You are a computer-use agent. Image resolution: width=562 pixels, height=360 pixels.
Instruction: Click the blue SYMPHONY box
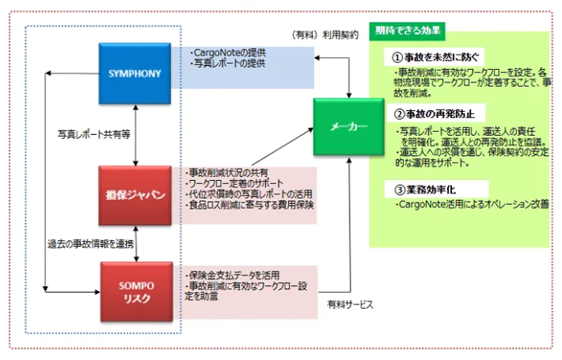click(x=136, y=73)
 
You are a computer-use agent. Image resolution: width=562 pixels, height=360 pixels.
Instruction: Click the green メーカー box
click(x=348, y=127)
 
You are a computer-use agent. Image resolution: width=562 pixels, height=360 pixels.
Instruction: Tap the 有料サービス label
click(x=351, y=305)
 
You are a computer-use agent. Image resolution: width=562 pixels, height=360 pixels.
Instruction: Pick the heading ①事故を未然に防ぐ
click(x=437, y=57)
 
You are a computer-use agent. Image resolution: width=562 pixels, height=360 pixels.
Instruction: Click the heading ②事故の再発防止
click(x=437, y=113)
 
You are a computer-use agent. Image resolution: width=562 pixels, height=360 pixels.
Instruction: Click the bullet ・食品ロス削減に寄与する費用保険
click(x=249, y=206)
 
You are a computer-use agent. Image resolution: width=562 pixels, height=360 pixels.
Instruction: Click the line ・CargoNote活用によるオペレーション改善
click(x=468, y=206)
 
